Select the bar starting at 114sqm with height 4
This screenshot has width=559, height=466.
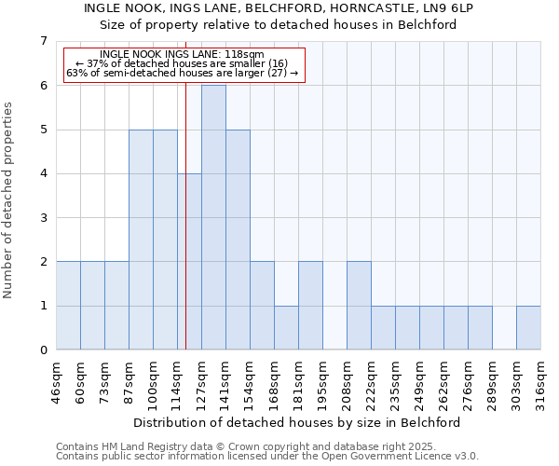point(189,262)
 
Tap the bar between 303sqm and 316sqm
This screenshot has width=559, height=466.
point(528,328)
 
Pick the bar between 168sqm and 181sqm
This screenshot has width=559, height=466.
point(286,328)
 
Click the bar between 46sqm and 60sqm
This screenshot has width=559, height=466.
point(68,306)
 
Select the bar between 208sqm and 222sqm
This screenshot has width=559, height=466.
point(359,306)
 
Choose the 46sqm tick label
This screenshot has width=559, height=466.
point(57,380)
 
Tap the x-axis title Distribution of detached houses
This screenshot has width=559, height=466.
point(298,422)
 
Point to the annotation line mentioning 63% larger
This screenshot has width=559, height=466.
point(182,73)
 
